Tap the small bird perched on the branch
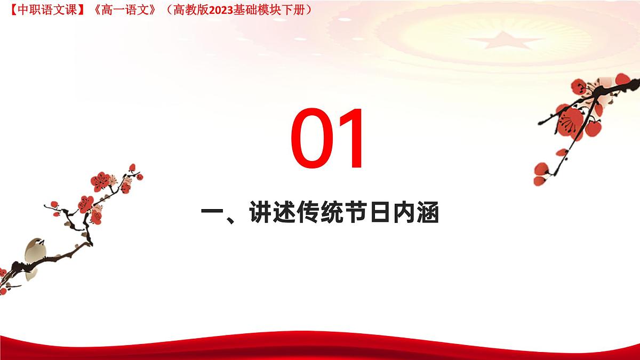pos(34,256)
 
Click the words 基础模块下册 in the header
pos(270,9)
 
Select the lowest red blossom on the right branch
pos(541,173)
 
